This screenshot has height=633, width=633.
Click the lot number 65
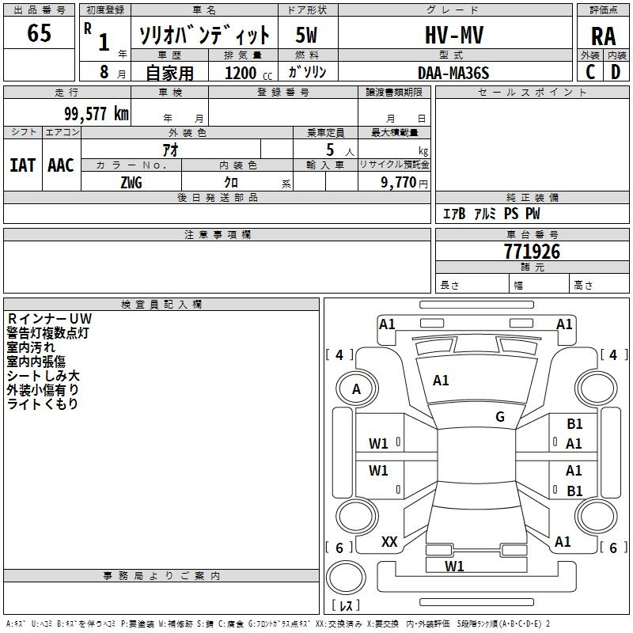(39, 34)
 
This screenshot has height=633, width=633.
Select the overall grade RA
(603, 37)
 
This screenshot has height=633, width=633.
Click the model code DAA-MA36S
(453, 73)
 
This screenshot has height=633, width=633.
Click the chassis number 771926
(532, 252)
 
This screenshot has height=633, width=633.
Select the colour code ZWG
(131, 182)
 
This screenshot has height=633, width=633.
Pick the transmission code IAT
(22, 165)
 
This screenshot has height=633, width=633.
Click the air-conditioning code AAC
(61, 165)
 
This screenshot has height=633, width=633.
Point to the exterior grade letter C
(590, 72)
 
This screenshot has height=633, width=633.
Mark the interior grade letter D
(616, 72)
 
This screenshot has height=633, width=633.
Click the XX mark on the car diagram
(389, 542)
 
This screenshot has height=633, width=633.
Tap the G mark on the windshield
(500, 417)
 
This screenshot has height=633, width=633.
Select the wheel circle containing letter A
(356, 389)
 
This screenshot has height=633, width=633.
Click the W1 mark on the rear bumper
(454, 566)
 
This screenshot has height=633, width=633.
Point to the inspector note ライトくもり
(43, 404)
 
